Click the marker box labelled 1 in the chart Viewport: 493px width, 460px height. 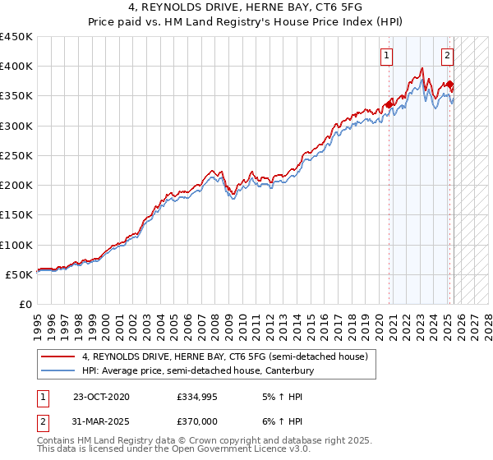pos(385,56)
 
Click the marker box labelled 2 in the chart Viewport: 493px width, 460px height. pos(446,56)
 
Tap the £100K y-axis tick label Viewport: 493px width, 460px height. pos(16,245)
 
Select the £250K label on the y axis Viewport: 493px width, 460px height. pos(16,155)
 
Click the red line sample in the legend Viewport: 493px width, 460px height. pos(57,356)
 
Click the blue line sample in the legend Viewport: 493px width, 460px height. pos(57,371)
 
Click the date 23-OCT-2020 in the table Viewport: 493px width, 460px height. pos(101,398)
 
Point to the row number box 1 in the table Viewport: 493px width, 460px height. pos(42,398)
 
